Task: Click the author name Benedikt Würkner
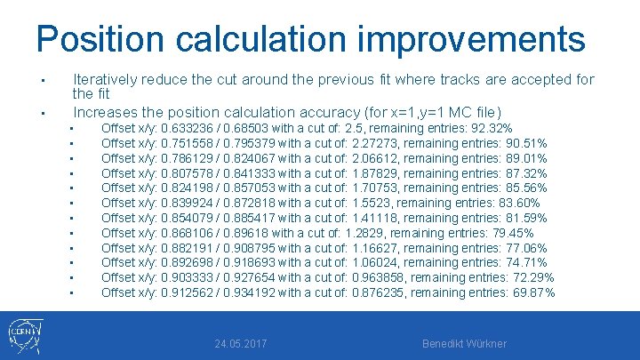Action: point(465,343)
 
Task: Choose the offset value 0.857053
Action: point(252,188)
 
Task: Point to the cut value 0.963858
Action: point(380,277)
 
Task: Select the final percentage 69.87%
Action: point(535,292)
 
